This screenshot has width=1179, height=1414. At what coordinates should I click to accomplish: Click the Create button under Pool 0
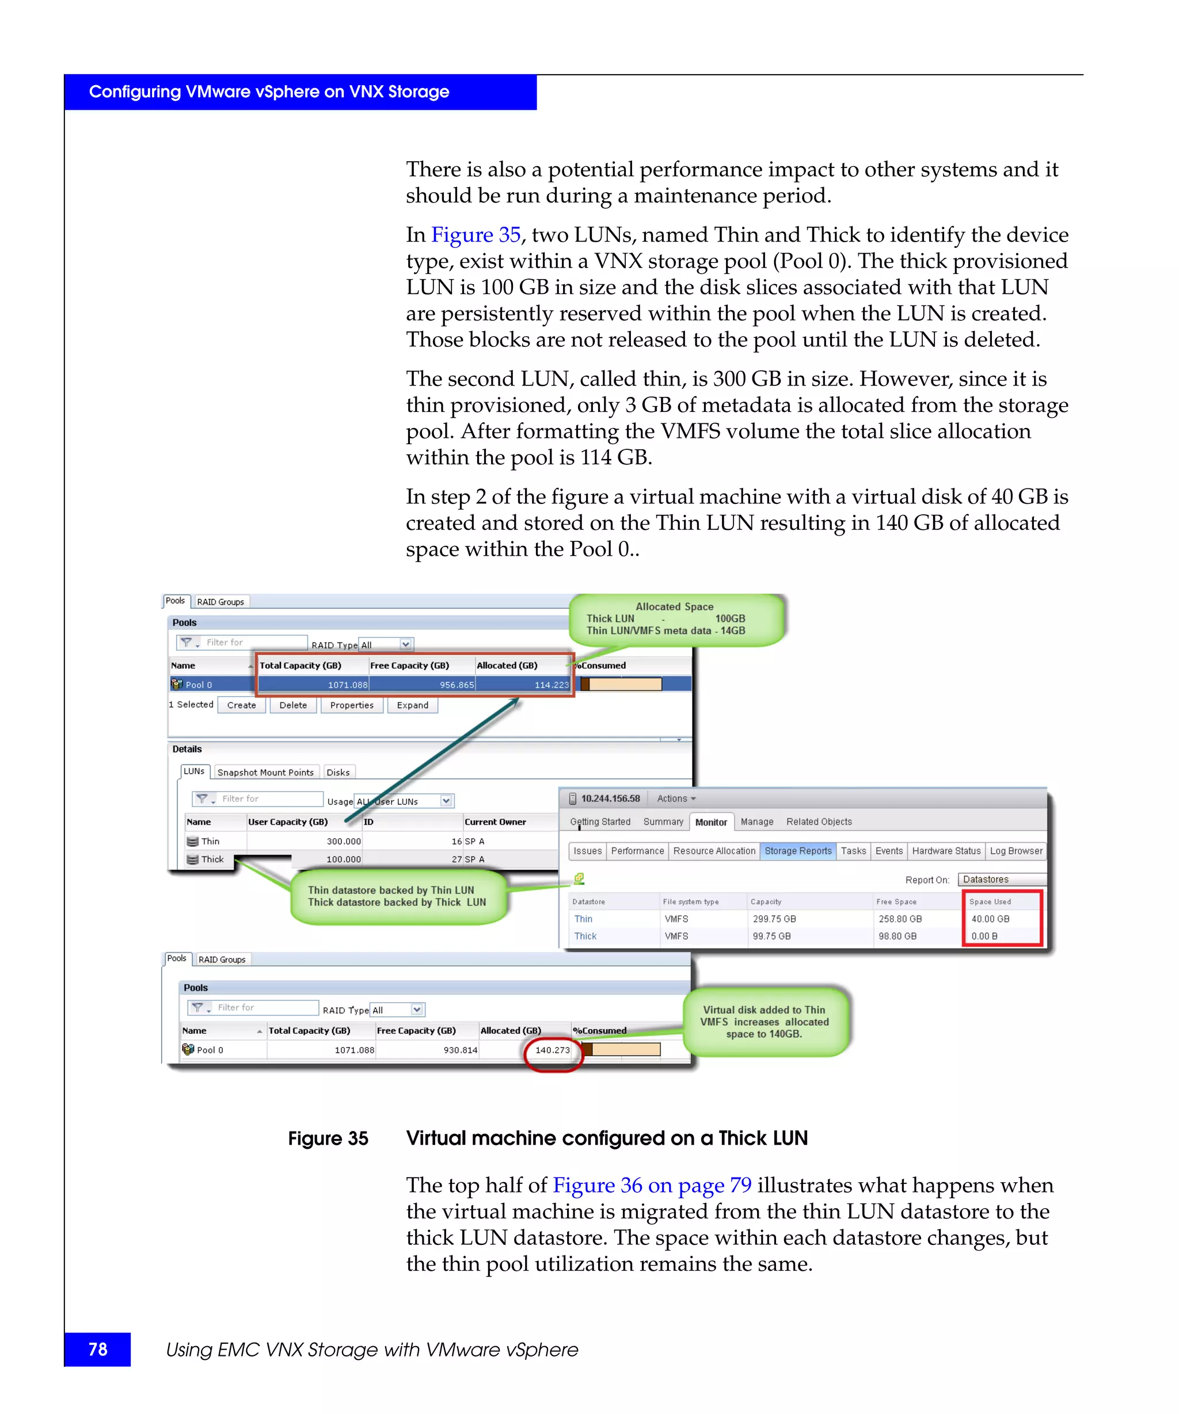pos(241,705)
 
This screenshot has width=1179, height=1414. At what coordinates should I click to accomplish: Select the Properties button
pos(351,705)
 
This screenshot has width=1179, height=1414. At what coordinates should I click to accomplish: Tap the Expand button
pos(412,705)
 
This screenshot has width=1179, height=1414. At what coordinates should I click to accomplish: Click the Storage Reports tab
pos(798,851)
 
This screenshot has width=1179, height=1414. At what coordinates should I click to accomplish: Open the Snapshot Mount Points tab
pos(265,773)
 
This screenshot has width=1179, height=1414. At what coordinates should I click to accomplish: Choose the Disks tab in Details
pos(337,773)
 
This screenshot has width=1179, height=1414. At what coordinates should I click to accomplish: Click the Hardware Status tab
pos(946,851)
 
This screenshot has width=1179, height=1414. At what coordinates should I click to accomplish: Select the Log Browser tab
pos(1016,851)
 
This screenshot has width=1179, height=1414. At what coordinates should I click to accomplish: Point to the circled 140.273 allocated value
pos(553,1050)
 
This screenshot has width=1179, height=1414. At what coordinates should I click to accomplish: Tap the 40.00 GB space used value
pos(990,919)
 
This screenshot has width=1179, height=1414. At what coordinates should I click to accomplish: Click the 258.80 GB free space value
pos(899,919)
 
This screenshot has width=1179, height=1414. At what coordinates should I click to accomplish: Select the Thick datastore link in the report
pos(585,937)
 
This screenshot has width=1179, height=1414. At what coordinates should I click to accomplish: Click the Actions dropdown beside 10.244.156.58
pos(676,798)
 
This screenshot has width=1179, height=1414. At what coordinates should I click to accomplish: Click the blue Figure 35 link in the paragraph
pos(476,235)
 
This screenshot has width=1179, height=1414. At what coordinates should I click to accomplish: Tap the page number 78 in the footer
pos(98,1350)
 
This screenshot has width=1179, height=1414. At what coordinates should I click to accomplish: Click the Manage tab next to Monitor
pos(756,822)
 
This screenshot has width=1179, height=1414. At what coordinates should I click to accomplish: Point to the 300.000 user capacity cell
pos(344,842)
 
